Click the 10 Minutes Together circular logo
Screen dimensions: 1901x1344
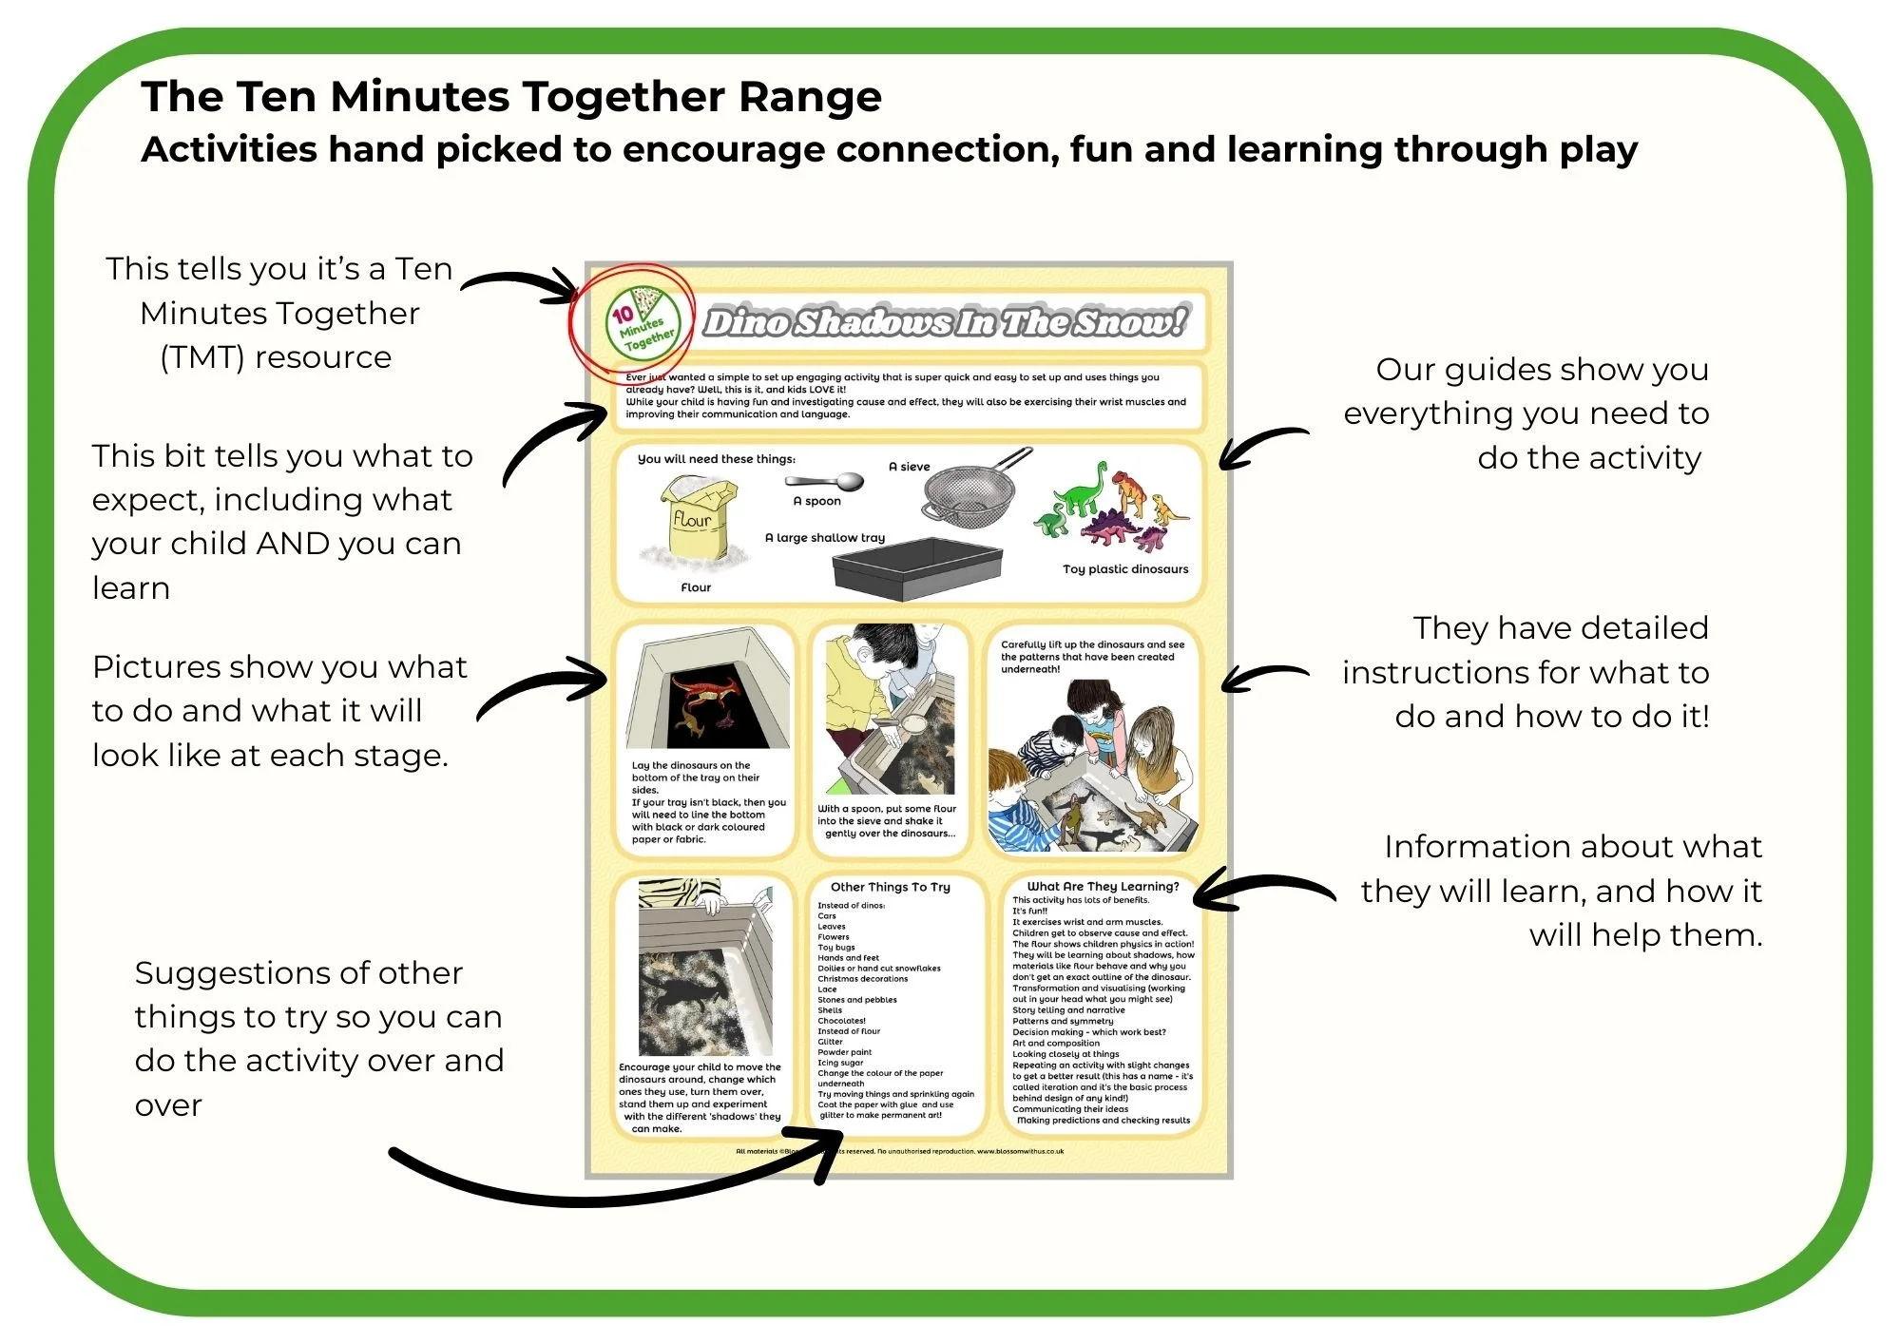643,323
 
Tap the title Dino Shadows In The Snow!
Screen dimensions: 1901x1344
944,323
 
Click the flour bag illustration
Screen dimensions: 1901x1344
700,521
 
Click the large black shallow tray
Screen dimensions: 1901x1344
916,568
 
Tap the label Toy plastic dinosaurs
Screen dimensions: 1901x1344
1125,569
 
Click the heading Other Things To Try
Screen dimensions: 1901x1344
890,887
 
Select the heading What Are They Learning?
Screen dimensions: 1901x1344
1103,886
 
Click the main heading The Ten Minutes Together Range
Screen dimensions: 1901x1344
511,97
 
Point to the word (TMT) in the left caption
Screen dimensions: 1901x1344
202,357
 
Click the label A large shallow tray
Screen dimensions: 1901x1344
825,538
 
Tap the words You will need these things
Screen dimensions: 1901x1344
717,459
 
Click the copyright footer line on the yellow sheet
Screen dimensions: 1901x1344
899,1151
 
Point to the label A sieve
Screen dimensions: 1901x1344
909,467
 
